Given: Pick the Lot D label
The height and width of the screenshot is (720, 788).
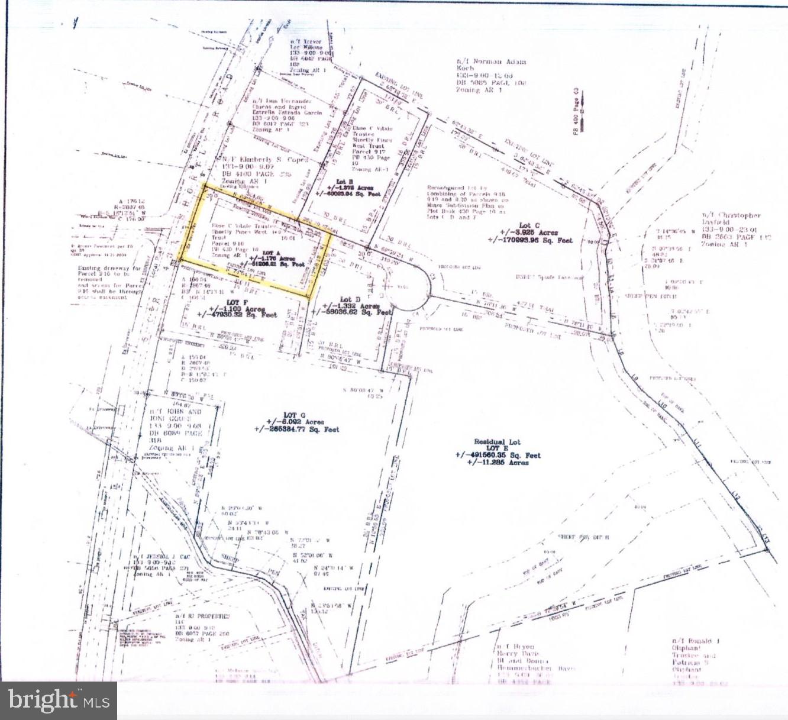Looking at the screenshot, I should [x=346, y=299].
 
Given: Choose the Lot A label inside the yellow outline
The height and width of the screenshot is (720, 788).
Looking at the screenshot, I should [x=268, y=253].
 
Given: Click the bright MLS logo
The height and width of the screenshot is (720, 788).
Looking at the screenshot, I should [x=59, y=700].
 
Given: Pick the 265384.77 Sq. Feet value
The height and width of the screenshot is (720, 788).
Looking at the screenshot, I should [x=297, y=430].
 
